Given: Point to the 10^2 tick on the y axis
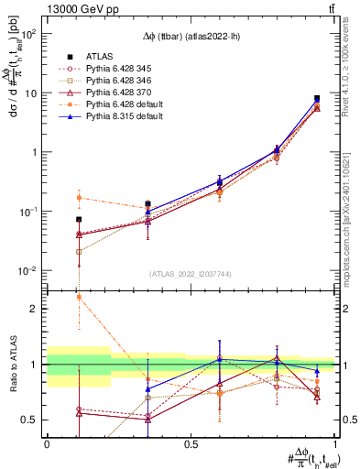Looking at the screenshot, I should tap(31, 33).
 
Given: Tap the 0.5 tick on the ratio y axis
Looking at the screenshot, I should tap(35, 420).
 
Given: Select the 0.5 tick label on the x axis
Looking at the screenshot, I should tap(191, 444).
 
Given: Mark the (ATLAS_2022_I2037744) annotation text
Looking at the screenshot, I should tap(191, 275).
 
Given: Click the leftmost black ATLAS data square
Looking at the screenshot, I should tap(79, 219).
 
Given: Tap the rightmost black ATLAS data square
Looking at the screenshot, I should tap(317, 98).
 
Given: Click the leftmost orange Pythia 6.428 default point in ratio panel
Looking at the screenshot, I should tap(79, 297).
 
